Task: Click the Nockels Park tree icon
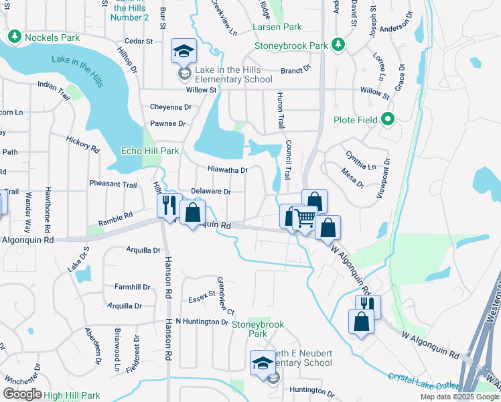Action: pos(14,37)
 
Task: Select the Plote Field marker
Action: pos(387,121)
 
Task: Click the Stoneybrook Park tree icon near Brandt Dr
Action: pos(340,45)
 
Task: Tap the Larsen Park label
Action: pos(277,27)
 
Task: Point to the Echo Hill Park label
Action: pos(150,151)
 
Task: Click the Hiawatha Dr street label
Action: pos(228,170)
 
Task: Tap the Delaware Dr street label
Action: pos(211,191)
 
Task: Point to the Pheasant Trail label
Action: pos(113,184)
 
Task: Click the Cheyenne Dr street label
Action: pos(171,107)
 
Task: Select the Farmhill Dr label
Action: pos(132,287)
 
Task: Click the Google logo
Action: pos(22,394)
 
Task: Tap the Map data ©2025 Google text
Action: pos(458,397)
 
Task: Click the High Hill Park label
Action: pos(72,396)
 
